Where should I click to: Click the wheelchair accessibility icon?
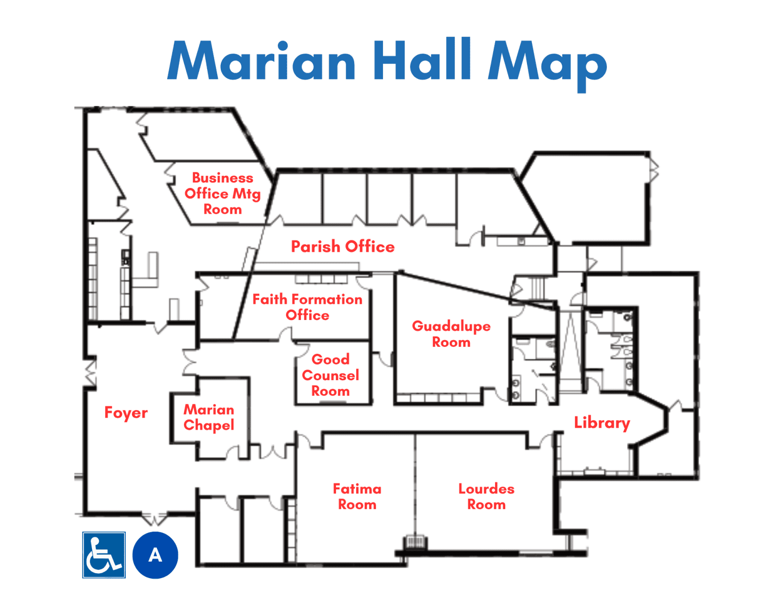coord(104,555)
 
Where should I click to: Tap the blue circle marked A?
coord(155,555)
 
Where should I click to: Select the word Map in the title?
coord(547,65)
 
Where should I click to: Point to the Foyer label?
coord(126,413)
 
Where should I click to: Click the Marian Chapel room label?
coord(209,418)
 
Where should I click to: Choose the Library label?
coord(602,423)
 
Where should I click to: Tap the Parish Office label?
coord(343,247)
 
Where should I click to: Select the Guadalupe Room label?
coord(451,334)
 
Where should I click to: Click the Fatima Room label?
coord(357,496)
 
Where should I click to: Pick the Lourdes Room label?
coord(487,496)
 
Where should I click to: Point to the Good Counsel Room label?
coord(331,375)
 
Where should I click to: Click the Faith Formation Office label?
coord(308,307)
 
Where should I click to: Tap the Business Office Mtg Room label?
coord(222,194)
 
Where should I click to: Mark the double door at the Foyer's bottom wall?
coord(155,518)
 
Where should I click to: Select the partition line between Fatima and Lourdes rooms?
coord(415,486)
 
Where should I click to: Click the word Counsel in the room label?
coord(331,375)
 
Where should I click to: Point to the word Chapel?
coord(209,426)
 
